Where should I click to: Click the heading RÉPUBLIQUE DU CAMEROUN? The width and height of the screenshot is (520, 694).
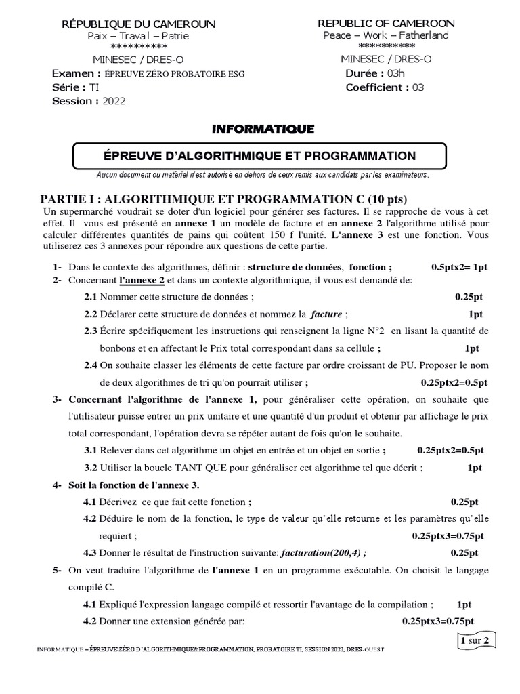[138, 24]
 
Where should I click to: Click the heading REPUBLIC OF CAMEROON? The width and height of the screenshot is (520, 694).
[386, 23]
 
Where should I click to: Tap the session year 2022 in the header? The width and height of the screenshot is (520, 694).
[114, 101]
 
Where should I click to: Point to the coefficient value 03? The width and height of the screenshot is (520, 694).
[418, 87]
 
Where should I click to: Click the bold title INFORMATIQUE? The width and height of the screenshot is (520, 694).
[263, 128]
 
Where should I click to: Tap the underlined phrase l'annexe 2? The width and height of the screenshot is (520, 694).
[142, 280]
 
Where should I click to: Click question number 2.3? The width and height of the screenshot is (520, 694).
[91, 331]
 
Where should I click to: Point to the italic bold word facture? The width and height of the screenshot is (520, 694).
[326, 314]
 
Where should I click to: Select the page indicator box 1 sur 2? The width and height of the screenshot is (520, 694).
[478, 639]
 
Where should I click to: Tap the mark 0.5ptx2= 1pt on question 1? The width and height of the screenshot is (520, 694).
[459, 267]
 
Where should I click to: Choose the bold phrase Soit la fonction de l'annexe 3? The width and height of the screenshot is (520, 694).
[133, 485]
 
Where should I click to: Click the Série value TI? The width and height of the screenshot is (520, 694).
[93, 87]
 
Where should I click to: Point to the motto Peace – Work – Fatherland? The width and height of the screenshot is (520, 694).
[386, 35]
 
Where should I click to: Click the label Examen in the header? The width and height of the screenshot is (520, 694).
[76, 73]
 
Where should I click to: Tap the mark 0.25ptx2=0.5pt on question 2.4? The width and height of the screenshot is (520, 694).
[454, 382]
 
